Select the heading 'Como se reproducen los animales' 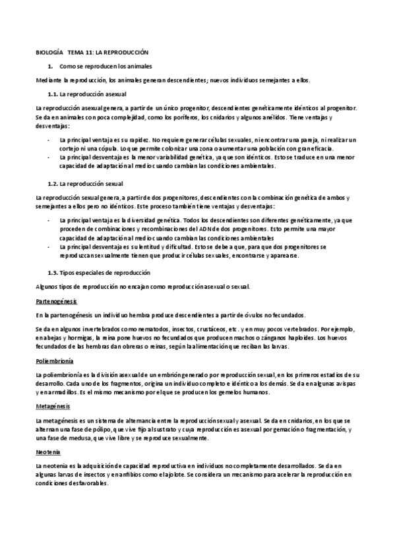pos(106,67)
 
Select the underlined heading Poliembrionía pos(55,361)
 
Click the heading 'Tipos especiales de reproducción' pos(105,272)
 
